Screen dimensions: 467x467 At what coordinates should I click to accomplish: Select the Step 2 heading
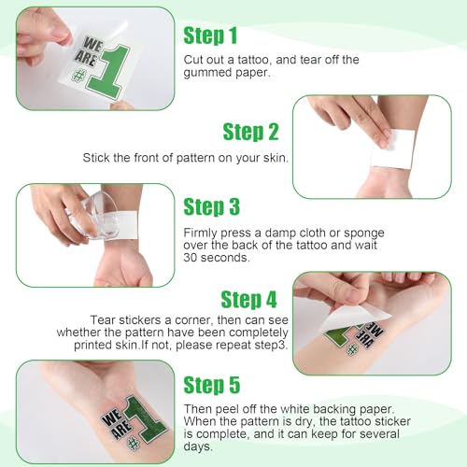(x=250, y=132)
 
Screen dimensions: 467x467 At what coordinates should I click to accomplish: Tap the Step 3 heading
(x=211, y=205)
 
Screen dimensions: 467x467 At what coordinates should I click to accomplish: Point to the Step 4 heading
(x=248, y=299)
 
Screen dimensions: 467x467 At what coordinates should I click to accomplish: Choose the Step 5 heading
(x=212, y=385)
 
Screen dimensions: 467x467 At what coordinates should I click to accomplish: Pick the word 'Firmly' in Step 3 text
(x=200, y=231)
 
